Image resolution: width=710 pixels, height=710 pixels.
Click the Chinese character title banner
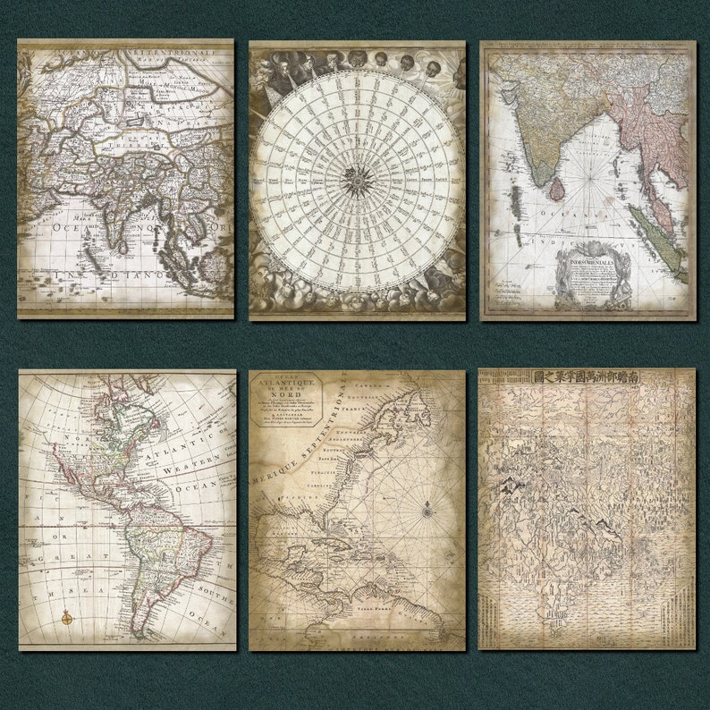tap(587, 378)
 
